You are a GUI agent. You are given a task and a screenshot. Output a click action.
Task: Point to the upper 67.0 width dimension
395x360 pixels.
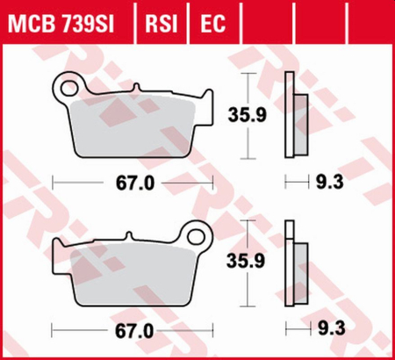[133, 184]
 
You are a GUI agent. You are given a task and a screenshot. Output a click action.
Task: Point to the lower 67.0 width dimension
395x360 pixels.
[133, 331]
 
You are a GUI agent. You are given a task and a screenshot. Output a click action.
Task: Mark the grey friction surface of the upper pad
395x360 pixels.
[132, 126]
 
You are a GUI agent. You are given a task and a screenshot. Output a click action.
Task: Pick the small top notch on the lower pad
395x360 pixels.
[126, 234]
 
